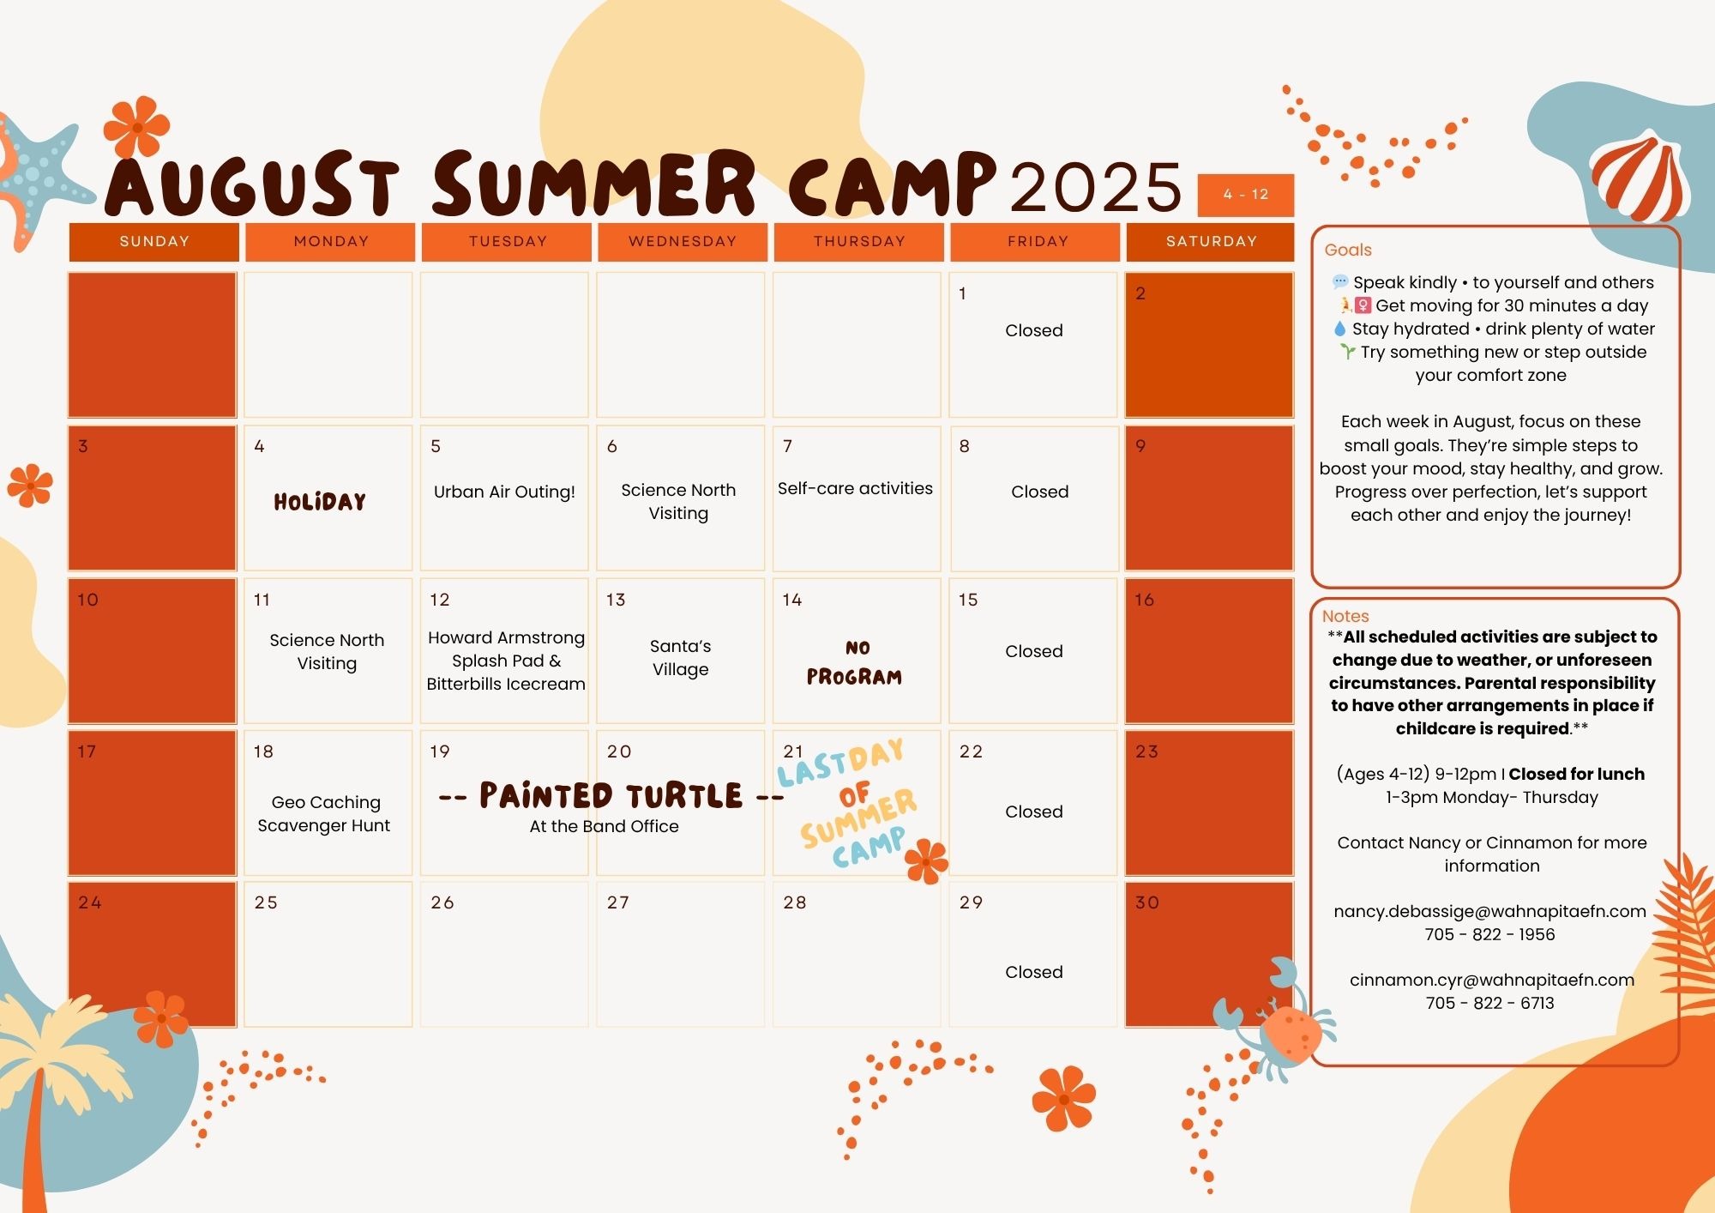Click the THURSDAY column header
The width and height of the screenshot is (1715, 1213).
click(x=859, y=241)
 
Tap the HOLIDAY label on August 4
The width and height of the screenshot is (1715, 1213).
click(x=320, y=502)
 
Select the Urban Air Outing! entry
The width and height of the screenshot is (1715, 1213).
click(x=504, y=492)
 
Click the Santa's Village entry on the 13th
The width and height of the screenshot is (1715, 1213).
click(x=680, y=657)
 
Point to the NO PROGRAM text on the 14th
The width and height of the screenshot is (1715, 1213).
click(x=854, y=663)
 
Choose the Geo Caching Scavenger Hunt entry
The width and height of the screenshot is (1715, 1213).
click(x=324, y=813)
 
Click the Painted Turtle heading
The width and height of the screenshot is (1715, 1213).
click(x=611, y=795)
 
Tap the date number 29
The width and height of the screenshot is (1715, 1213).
click(x=971, y=902)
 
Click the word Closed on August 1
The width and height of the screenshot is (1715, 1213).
click(x=1034, y=330)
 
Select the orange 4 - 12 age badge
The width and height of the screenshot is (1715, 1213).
click(x=1246, y=195)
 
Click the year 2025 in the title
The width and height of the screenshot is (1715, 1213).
click(x=1096, y=186)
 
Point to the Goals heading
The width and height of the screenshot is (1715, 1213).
click(x=1348, y=250)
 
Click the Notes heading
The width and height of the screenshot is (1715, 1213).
click(x=1345, y=616)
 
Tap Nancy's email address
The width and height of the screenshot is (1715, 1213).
click(x=1490, y=911)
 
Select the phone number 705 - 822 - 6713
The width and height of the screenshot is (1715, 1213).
click(x=1490, y=1003)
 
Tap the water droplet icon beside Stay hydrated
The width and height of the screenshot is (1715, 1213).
click(x=1339, y=329)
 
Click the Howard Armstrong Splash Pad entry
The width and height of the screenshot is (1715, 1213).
click(x=506, y=661)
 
